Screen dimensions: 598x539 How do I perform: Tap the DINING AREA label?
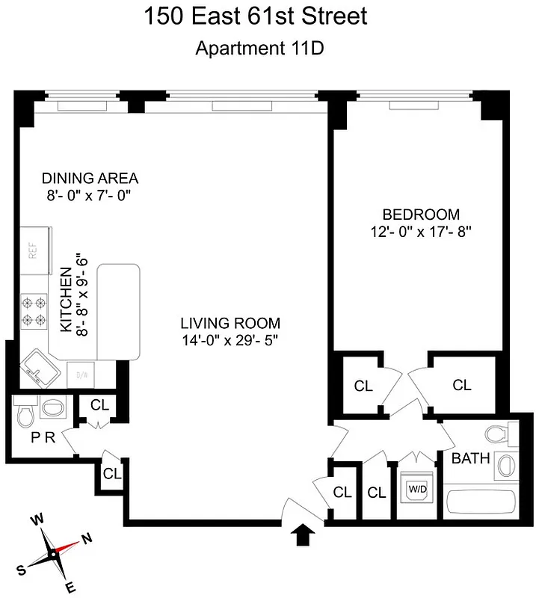click(90, 178)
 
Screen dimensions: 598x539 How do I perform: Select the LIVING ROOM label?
click(230, 323)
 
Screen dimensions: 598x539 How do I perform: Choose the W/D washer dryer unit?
click(416, 490)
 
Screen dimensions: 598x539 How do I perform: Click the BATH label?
click(471, 458)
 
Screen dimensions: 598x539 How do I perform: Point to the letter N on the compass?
click(87, 537)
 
